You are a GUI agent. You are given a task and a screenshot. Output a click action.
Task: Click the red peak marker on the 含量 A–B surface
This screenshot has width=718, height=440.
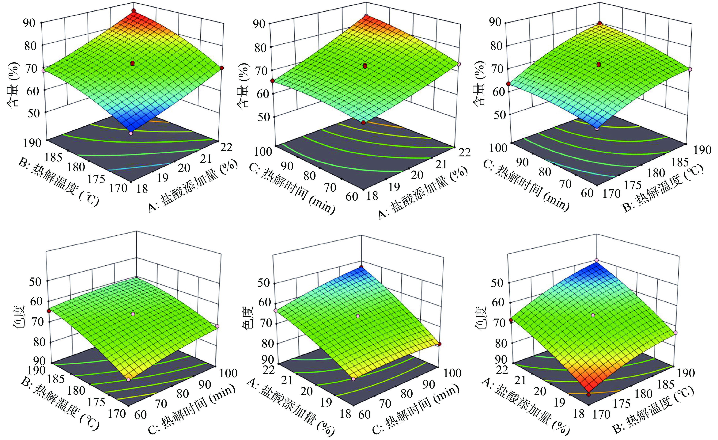[134, 11]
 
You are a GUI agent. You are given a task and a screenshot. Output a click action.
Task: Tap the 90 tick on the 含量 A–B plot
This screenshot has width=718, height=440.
[29, 23]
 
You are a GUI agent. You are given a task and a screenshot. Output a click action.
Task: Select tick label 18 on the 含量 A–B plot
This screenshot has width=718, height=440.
[142, 189]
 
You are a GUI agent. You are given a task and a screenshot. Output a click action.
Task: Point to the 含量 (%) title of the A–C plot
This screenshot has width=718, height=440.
[243, 86]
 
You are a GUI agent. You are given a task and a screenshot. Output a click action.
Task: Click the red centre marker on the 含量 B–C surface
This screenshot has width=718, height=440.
[599, 64]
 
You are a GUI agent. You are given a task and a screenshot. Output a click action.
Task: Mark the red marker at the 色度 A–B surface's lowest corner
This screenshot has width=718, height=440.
[589, 395]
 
